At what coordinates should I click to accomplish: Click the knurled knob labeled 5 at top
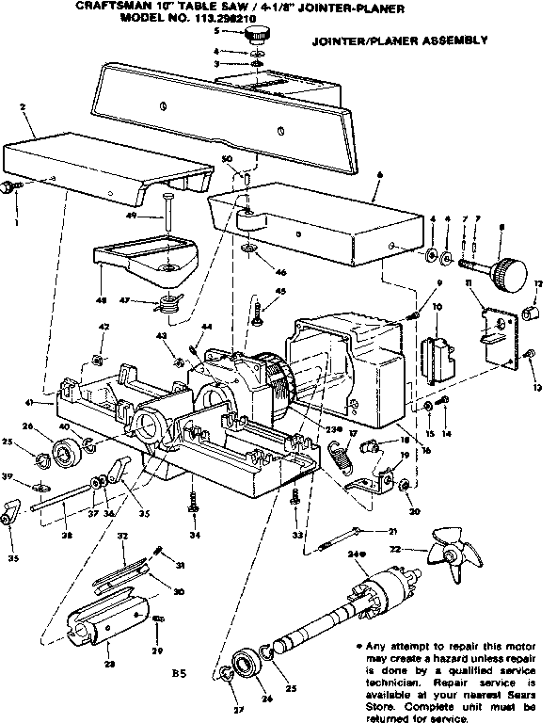pos(257,34)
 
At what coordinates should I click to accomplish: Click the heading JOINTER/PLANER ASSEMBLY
pos(399,40)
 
